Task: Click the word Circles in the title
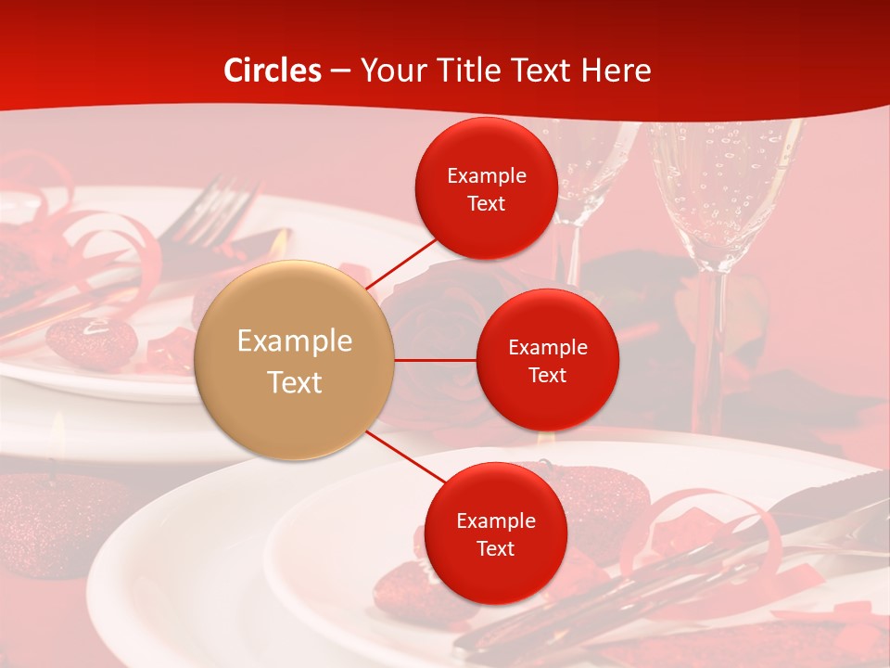(273, 71)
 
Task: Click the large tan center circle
(295, 360)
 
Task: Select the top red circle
(486, 189)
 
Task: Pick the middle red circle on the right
(547, 360)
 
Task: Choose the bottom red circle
(495, 533)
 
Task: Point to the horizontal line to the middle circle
(436, 360)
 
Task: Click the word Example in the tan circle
(295, 341)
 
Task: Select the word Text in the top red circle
(487, 203)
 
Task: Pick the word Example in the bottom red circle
(496, 520)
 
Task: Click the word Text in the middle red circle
(548, 375)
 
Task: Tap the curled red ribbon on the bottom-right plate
(705, 520)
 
